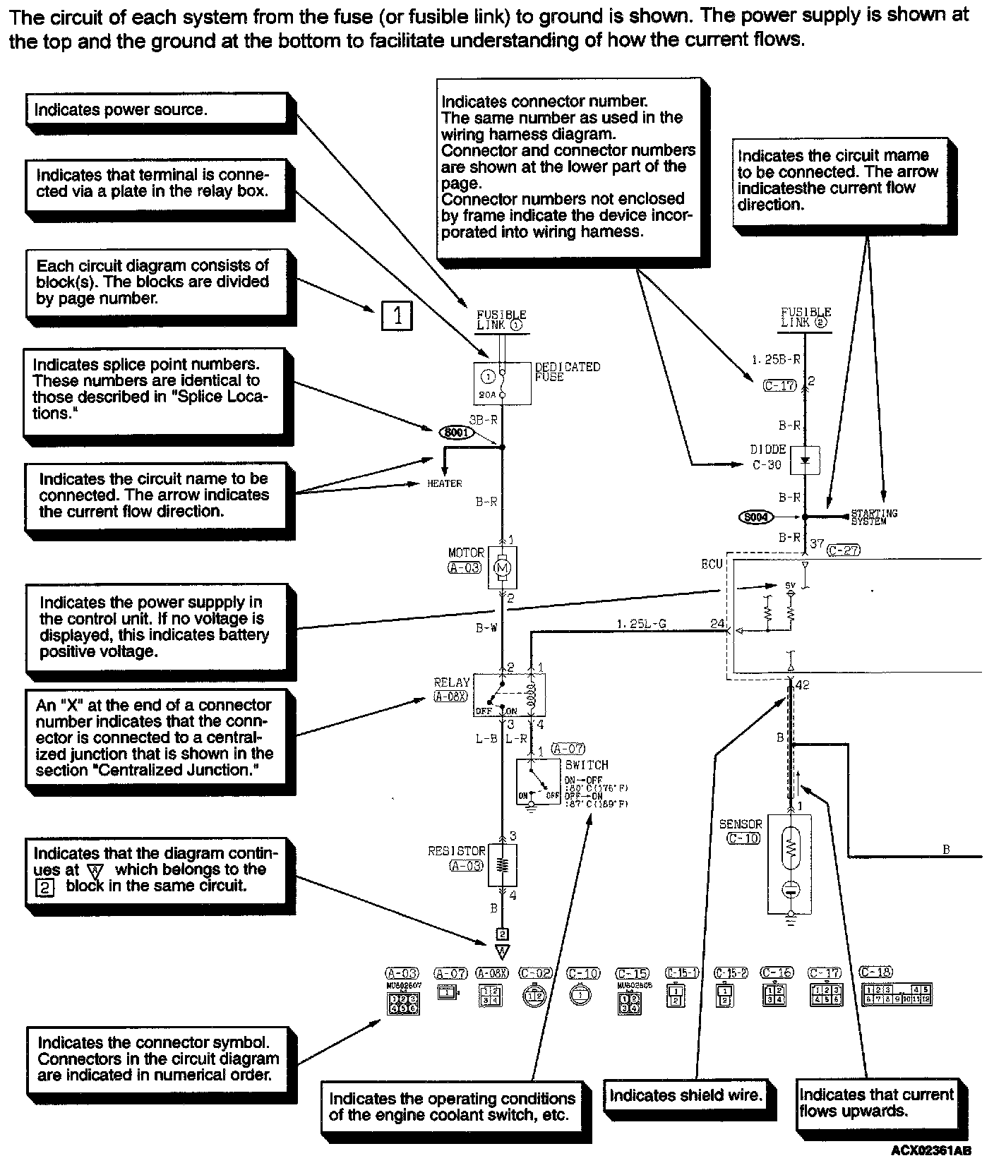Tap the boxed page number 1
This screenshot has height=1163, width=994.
coord(397,315)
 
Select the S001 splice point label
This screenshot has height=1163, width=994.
coord(457,432)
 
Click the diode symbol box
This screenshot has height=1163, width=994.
coord(804,459)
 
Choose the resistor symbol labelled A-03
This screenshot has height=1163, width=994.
coord(503,864)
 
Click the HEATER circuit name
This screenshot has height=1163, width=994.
coord(445,483)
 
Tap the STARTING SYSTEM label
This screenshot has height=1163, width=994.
coord(874,517)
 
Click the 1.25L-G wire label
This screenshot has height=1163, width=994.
coord(641,624)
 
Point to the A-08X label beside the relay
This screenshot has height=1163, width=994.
coord(450,697)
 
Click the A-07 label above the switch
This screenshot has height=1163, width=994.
coord(568,749)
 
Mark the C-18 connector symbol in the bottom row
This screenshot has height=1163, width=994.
coord(896,994)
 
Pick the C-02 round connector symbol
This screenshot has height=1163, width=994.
coord(535,994)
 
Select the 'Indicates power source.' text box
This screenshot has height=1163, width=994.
coord(159,110)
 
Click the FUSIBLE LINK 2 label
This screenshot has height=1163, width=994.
coord(806,318)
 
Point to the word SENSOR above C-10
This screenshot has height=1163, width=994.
coord(741,824)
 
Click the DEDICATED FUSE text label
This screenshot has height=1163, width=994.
coord(568,371)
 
